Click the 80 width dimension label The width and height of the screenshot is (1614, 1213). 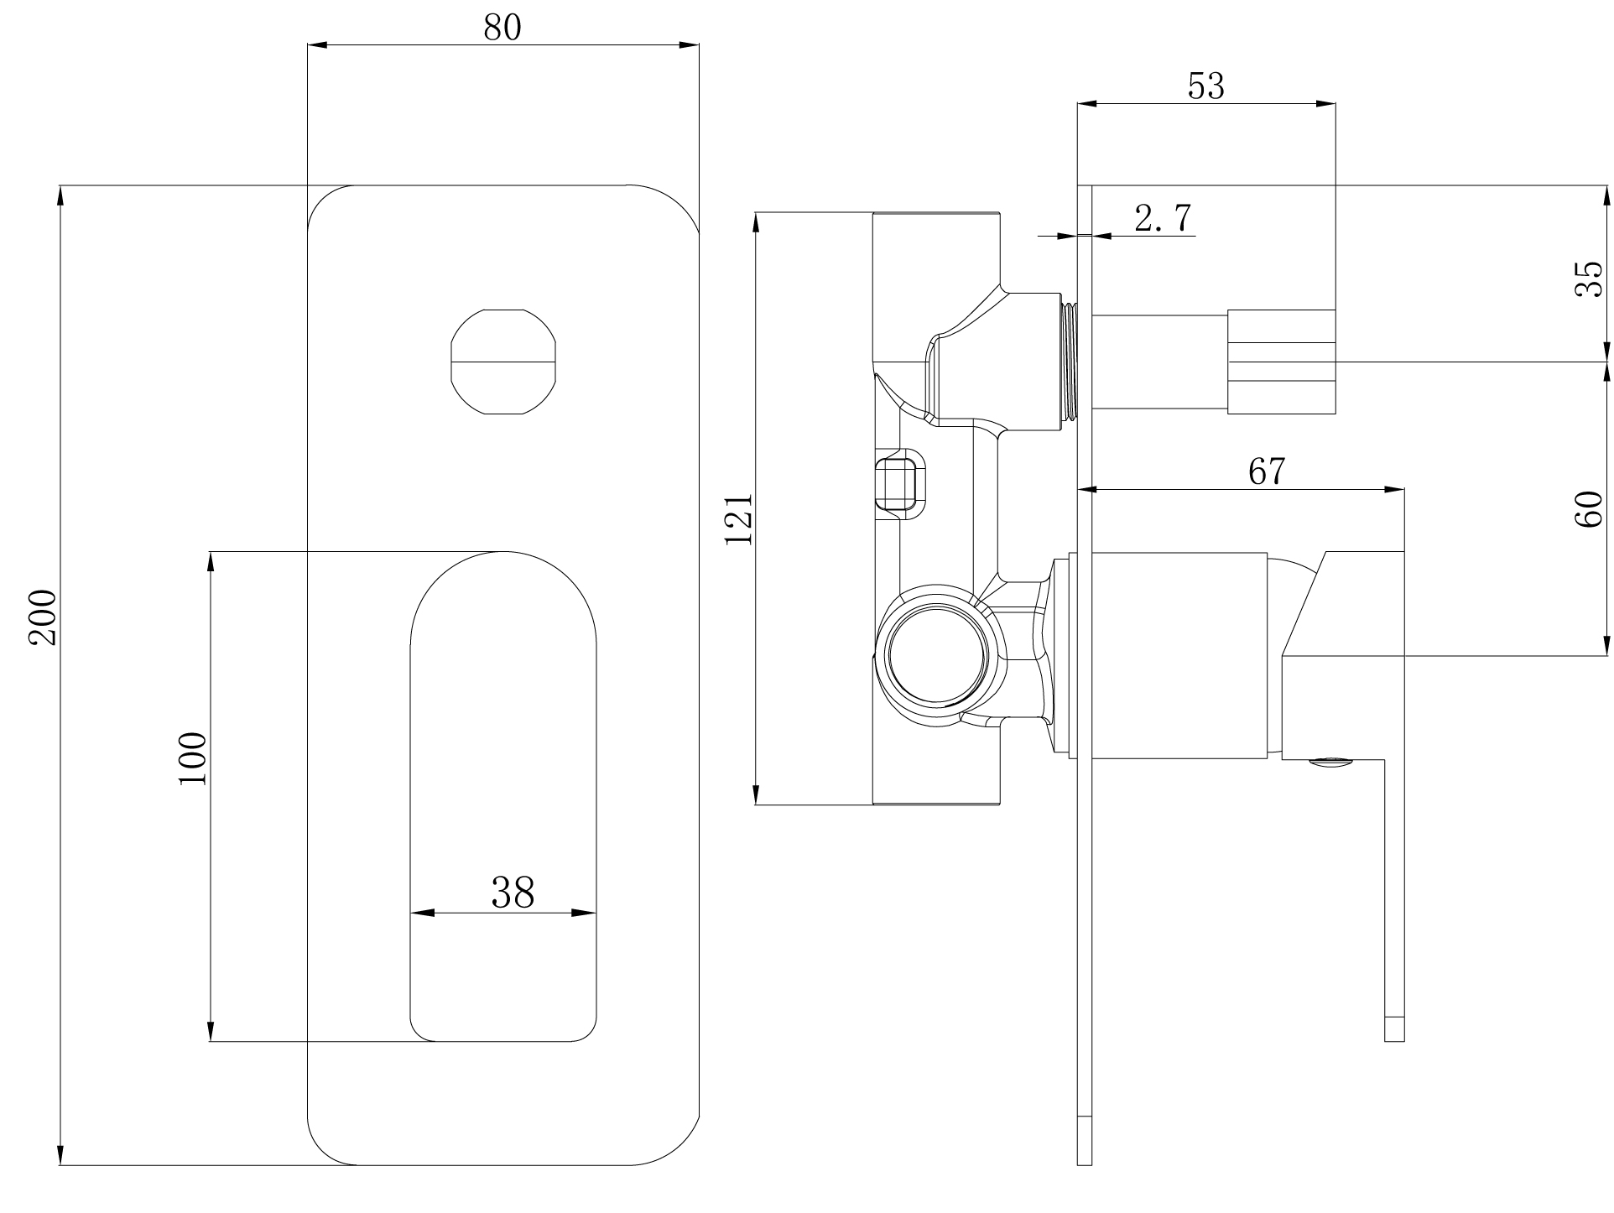click(502, 27)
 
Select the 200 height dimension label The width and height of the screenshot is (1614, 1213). click(42, 617)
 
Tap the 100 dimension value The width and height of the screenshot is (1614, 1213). click(192, 758)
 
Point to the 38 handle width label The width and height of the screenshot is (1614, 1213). click(513, 893)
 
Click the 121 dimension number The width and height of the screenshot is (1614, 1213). click(740, 519)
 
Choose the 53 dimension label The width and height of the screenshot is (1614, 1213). click(1206, 86)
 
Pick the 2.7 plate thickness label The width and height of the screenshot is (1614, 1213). click(1163, 219)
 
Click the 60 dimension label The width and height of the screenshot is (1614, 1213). click(1589, 509)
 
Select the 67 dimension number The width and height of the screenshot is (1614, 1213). click(1266, 471)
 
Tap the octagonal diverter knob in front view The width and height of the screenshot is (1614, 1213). click(504, 362)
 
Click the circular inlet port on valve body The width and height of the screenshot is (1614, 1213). click(937, 653)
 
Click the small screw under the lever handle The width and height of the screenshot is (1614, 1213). click(1330, 762)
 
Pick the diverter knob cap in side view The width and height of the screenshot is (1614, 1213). click(1281, 362)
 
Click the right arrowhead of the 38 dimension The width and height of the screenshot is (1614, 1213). click(586, 913)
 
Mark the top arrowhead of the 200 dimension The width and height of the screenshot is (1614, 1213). click(60, 195)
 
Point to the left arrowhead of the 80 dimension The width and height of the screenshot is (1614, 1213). click(319, 45)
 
